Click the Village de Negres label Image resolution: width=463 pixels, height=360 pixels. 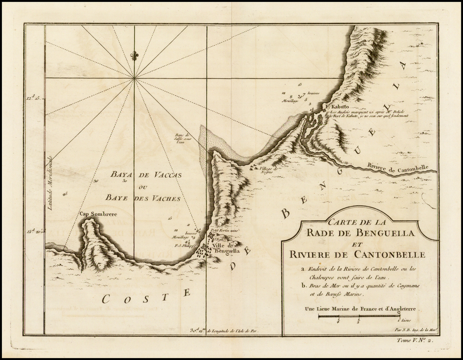tap(268, 170)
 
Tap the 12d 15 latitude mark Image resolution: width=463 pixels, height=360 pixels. tap(34, 97)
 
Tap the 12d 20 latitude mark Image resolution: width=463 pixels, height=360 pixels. tap(34, 231)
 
